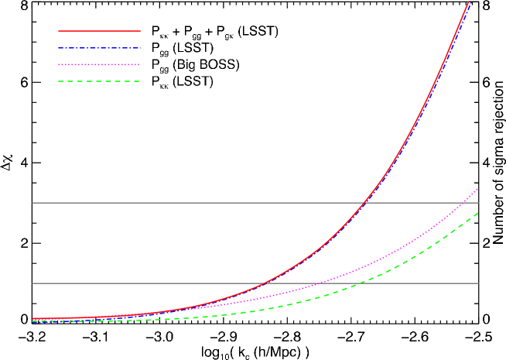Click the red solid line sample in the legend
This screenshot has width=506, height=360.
click(99, 31)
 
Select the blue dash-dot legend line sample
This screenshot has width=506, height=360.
click(99, 48)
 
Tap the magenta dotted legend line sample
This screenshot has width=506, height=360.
click(99, 65)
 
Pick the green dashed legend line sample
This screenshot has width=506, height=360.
click(99, 81)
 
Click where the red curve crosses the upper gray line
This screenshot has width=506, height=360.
click(364, 203)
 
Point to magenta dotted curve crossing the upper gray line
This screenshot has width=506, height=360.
click(466, 203)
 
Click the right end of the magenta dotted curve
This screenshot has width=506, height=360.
click(478, 188)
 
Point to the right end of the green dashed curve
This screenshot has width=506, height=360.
click(478, 213)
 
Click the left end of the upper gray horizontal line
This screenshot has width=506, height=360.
click(32, 203)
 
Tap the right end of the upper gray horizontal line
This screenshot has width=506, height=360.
click(478, 203)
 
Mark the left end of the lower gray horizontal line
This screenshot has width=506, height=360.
click(32, 283)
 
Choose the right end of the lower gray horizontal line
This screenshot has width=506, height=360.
click(478, 283)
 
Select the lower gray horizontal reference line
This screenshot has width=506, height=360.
click(155, 283)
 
